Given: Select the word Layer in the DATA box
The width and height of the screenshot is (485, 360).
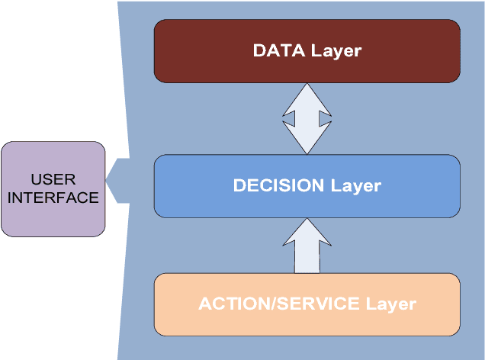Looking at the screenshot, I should [x=336, y=51].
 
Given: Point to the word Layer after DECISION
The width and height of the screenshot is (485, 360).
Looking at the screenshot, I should [x=355, y=185].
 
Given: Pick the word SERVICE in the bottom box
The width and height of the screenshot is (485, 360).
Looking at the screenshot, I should [x=313, y=304].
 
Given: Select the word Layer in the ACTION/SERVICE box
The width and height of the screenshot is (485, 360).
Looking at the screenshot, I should [x=390, y=304].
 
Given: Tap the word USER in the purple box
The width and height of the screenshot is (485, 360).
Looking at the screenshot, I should [x=53, y=180].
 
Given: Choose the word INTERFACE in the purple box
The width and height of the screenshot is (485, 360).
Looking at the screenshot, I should [x=53, y=198].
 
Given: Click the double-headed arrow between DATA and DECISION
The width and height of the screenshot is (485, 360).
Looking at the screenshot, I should [x=307, y=119].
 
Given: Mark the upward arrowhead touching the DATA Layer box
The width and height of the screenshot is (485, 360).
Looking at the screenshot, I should [x=307, y=96].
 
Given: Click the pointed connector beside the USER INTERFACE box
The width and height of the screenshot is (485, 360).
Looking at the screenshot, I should [x=115, y=181].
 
